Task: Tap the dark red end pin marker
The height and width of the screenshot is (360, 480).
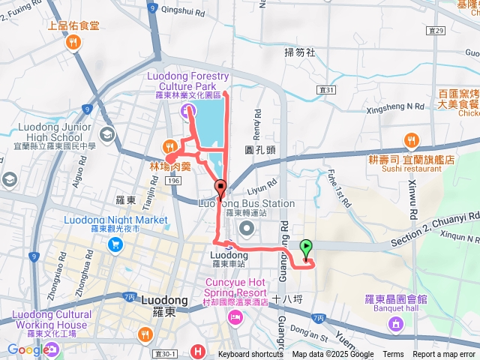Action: tap(220, 187)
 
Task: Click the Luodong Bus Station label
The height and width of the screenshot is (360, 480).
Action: tap(246, 203)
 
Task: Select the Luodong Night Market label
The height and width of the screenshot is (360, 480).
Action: tap(115, 220)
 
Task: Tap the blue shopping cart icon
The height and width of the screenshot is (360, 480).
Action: tap(115, 244)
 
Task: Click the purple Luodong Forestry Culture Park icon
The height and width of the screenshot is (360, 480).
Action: tap(186, 112)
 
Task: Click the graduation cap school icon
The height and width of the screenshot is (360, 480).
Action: tap(107, 133)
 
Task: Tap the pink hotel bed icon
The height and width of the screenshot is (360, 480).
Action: tap(235, 318)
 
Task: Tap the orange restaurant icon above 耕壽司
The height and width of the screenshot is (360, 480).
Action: tap(411, 140)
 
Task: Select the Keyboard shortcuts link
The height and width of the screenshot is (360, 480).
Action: tap(250, 355)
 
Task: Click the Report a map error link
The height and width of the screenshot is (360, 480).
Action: tap(445, 355)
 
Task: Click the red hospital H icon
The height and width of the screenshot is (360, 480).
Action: tap(197, 351)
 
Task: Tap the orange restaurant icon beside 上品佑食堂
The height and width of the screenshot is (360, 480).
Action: tap(73, 43)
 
